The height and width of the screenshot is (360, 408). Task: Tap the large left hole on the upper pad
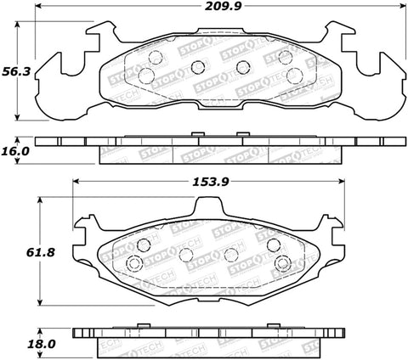[x=144, y=76]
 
